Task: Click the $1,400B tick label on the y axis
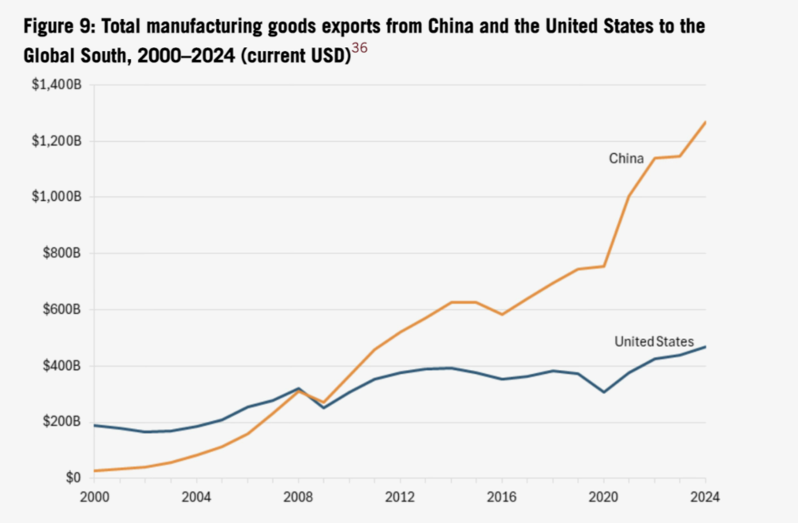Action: (58, 85)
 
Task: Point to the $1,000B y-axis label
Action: (58, 197)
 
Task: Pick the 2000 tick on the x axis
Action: (93, 497)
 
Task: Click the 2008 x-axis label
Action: (298, 497)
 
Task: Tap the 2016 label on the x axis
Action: (502, 497)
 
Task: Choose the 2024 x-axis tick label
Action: (705, 497)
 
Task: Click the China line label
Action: (626, 159)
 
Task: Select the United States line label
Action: (654, 341)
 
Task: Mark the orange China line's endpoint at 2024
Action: (705, 122)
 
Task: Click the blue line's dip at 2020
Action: (604, 391)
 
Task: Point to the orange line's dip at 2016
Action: (502, 314)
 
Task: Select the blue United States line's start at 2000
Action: (94, 425)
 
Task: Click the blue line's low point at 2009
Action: (323, 407)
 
